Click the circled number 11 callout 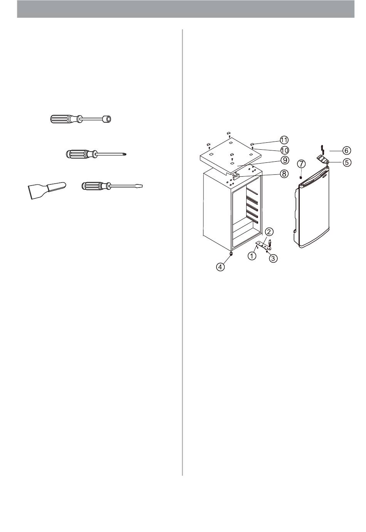click(x=284, y=140)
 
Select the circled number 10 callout click(x=284, y=150)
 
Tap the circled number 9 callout click(x=284, y=160)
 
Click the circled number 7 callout click(x=301, y=164)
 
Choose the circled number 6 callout click(x=346, y=150)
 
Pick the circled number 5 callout click(x=347, y=163)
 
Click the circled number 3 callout click(x=273, y=258)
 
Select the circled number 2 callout click(x=269, y=231)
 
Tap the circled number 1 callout click(x=252, y=256)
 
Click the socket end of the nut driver click(x=108, y=118)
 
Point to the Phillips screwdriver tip click(x=124, y=155)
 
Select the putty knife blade click(x=37, y=191)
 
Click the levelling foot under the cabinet click(x=231, y=254)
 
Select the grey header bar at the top click(x=186, y=9)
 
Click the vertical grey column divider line click(x=182, y=252)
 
